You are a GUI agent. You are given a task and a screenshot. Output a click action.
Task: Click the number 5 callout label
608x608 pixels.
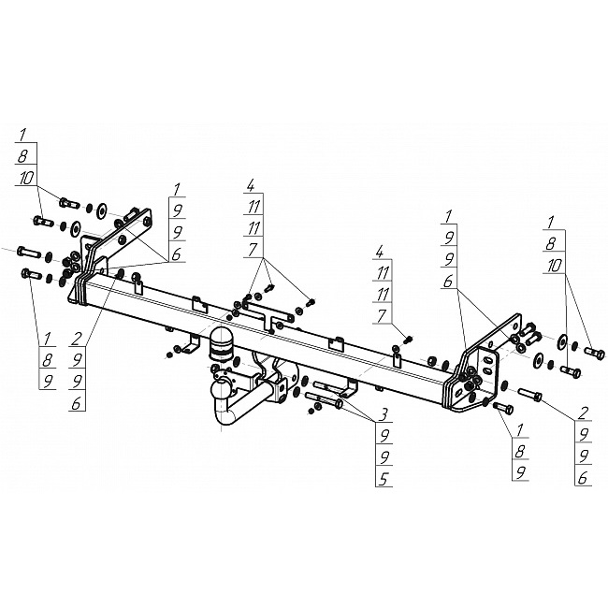tap(384, 480)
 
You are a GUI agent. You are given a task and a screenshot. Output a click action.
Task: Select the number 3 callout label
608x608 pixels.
tap(383, 416)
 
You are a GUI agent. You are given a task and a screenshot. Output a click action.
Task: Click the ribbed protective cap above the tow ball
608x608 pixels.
tap(220, 341)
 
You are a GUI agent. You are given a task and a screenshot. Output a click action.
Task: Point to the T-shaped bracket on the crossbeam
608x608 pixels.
tap(268, 315)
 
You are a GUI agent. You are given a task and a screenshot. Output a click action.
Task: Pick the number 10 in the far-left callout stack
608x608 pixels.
tap(27, 179)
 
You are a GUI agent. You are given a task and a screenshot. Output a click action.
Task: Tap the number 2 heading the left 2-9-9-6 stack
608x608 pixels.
tap(77, 340)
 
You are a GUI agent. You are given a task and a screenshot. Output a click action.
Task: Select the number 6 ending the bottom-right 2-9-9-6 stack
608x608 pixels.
tap(583, 478)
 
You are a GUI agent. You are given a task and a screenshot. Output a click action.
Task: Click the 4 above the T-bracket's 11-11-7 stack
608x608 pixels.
tap(251, 186)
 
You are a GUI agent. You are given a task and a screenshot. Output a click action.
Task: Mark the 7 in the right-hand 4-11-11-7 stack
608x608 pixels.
tap(383, 316)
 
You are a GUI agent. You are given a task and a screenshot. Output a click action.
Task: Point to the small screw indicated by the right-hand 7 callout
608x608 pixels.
tap(409, 340)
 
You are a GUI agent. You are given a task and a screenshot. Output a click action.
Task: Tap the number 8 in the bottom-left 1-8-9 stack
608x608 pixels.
tap(48, 361)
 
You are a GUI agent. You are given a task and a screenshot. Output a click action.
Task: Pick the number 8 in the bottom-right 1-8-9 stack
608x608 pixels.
tap(520, 451)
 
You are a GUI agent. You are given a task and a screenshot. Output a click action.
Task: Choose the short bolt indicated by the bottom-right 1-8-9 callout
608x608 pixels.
tap(503, 407)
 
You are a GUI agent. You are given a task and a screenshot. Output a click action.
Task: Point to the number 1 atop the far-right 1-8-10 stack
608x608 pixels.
tap(551, 223)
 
